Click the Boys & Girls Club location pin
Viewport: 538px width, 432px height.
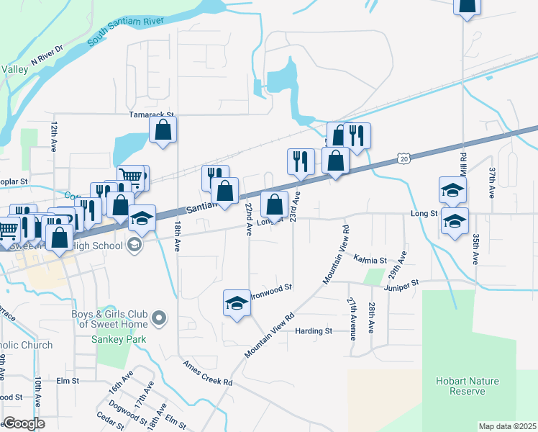tap(160, 318)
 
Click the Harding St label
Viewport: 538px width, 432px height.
tap(314, 331)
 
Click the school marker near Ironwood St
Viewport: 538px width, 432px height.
tap(236, 305)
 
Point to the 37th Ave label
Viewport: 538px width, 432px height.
tap(493, 184)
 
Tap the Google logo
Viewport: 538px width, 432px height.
tap(24, 423)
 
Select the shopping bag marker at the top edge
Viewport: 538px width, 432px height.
tap(467, 6)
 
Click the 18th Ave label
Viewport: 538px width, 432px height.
tap(176, 237)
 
